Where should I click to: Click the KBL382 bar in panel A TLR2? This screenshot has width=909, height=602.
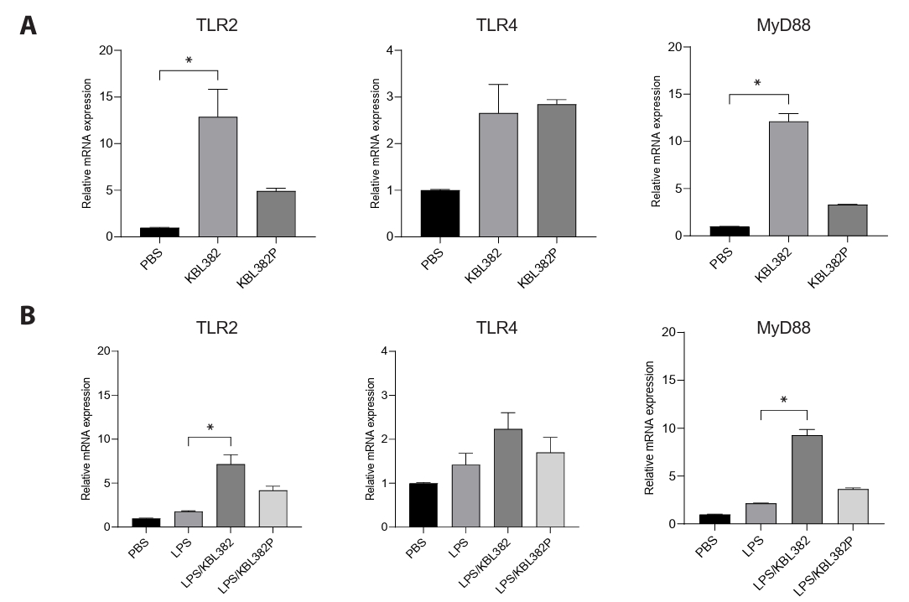(217, 176)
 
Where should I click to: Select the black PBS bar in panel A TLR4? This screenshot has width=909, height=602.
(440, 213)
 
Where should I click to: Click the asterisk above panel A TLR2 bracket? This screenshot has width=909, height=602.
(189, 61)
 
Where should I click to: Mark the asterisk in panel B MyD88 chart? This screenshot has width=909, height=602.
(784, 401)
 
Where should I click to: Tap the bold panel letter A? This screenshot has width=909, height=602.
(29, 26)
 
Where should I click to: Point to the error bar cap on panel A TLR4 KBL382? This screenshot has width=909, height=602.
(498, 85)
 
